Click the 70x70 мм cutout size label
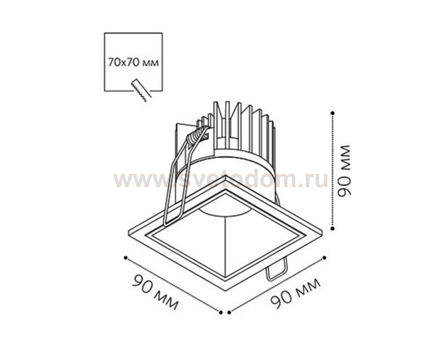coord(133,63)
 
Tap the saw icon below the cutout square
coord(141,90)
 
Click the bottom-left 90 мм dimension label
coord(155,291)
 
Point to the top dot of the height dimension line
coord(333,113)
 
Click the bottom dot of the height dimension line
coord(333,228)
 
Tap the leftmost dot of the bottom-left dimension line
coord(125,257)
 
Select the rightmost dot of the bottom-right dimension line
coord(324,257)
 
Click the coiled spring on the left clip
coord(197,135)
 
